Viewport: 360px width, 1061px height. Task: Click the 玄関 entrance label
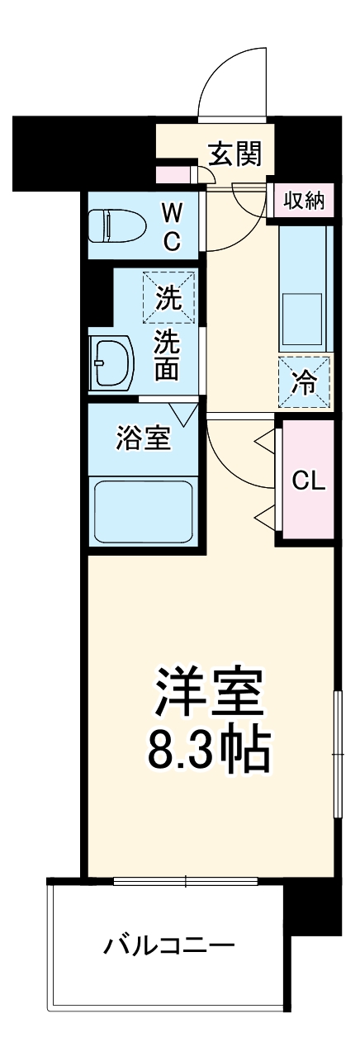click(x=234, y=154)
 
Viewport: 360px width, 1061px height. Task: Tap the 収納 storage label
click(x=304, y=201)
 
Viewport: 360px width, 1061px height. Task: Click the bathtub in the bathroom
click(x=143, y=511)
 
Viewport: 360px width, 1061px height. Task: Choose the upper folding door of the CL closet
click(x=265, y=443)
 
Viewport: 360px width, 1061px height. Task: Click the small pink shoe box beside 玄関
click(x=173, y=174)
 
